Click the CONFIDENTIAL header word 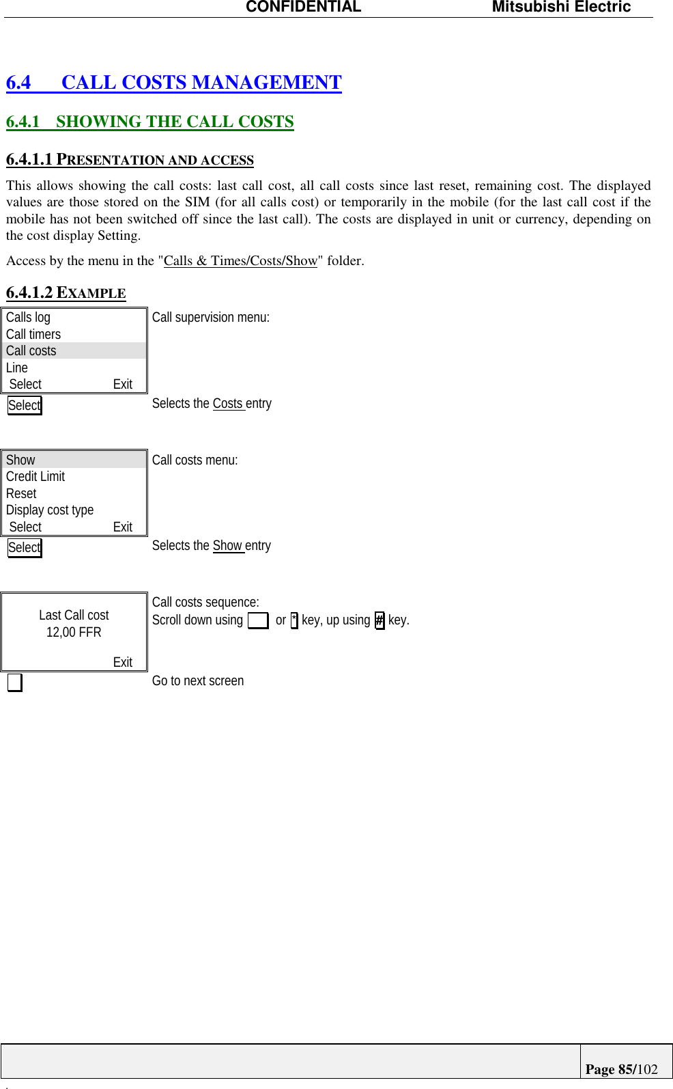(x=303, y=8)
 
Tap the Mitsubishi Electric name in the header (x=561, y=8)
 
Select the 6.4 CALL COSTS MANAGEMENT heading (x=174, y=83)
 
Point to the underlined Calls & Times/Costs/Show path (x=240, y=261)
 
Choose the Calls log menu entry (x=29, y=317)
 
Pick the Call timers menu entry (x=33, y=334)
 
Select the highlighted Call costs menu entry (x=31, y=350)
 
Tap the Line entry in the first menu (x=17, y=368)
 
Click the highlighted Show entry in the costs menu (x=20, y=460)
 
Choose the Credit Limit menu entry (x=35, y=476)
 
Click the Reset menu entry (x=21, y=493)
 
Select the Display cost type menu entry (x=50, y=510)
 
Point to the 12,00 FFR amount (x=74, y=632)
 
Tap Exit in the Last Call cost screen (x=123, y=662)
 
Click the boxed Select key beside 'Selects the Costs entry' (x=25, y=405)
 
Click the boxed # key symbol (x=380, y=620)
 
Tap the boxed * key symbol (x=294, y=620)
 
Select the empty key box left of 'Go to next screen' (x=14, y=683)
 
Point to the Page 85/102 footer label (x=621, y=1069)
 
